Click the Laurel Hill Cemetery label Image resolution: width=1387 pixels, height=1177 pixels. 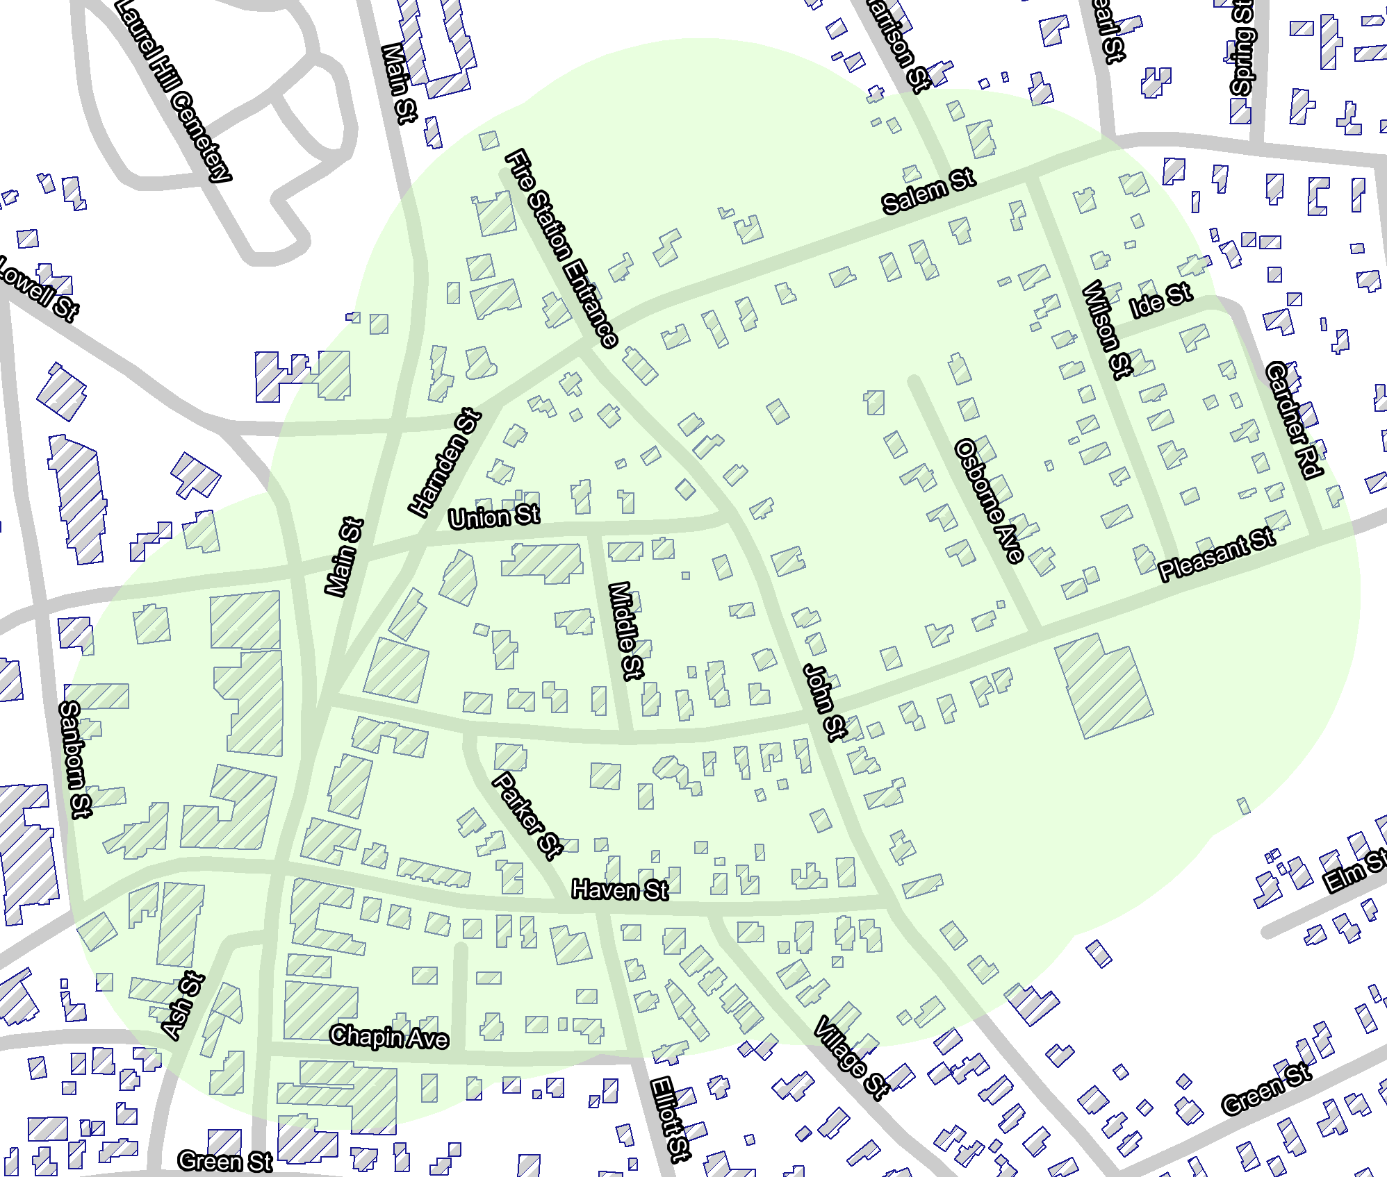(173, 90)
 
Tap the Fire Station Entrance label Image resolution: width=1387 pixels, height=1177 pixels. (561, 248)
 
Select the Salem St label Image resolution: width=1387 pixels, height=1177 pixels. (928, 191)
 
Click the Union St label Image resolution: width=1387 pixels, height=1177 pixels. (494, 517)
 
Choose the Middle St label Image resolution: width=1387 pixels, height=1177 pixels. (626, 631)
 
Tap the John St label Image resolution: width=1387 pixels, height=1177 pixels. (826, 701)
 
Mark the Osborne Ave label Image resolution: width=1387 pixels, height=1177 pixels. (990, 500)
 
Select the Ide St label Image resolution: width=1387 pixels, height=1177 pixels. (1160, 300)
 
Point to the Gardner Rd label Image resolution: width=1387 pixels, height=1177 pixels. (1293, 420)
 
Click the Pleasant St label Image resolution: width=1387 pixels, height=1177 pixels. (1217, 554)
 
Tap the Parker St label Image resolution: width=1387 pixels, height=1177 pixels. (527, 815)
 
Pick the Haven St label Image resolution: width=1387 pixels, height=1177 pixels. (619, 890)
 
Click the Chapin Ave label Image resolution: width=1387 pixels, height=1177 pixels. (389, 1037)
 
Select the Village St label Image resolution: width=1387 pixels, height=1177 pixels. (851, 1057)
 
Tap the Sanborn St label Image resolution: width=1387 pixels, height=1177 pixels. (76, 759)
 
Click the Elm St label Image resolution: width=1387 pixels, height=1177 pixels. (1354, 871)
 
